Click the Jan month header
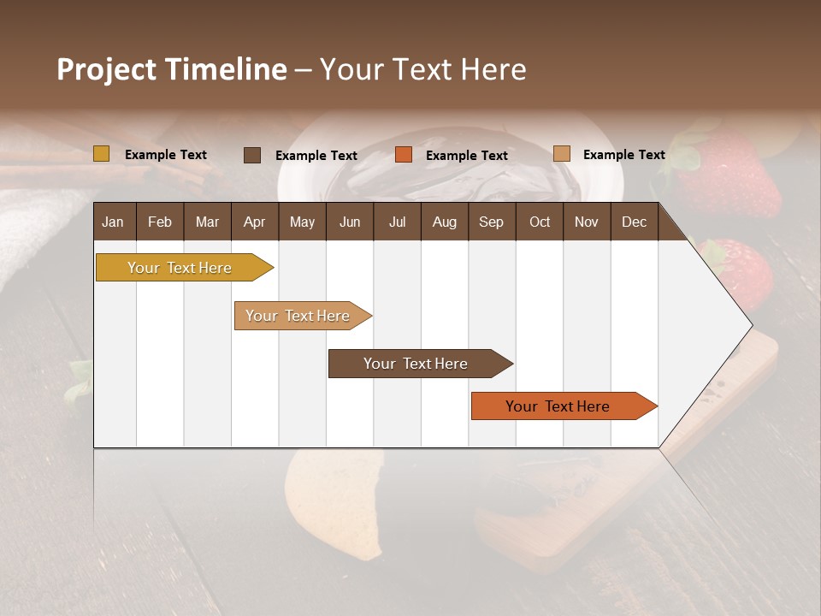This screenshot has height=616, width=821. coord(114,222)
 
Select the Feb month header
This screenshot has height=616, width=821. coord(160,222)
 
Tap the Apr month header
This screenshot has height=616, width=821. coord(254,222)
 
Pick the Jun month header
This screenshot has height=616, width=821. coord(349,222)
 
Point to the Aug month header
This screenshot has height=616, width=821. coord(444,222)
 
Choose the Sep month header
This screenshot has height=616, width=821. coord(491,222)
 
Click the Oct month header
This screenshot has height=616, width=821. coord(539,222)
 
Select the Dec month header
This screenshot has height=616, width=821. coord(634,222)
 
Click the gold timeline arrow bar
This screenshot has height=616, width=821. coord(180,268)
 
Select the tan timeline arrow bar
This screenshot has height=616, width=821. coord(298,316)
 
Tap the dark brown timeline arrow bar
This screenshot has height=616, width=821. coord(416,364)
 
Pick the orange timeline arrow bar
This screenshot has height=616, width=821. coord(558,406)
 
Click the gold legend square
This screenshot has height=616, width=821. coord(101,154)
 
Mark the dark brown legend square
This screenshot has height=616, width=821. coord(251,155)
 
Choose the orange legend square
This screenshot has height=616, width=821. coord(403,155)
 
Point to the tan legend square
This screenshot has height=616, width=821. coord(561,154)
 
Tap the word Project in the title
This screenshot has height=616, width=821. coord(106,69)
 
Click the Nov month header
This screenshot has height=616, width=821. coord(586,222)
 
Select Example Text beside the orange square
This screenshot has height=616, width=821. coord(466,156)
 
